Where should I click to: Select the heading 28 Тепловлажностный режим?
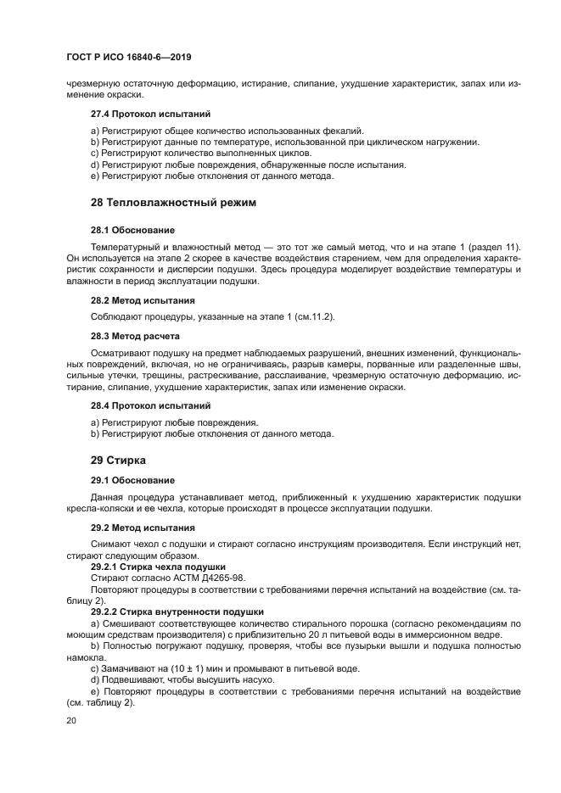tap(173, 203)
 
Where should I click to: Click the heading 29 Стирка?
tap(119, 460)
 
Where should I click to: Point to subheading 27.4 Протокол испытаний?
tap(150, 113)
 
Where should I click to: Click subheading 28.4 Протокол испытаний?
tap(150, 405)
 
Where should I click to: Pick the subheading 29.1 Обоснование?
tap(132, 480)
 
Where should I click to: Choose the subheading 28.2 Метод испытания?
tap(143, 300)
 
